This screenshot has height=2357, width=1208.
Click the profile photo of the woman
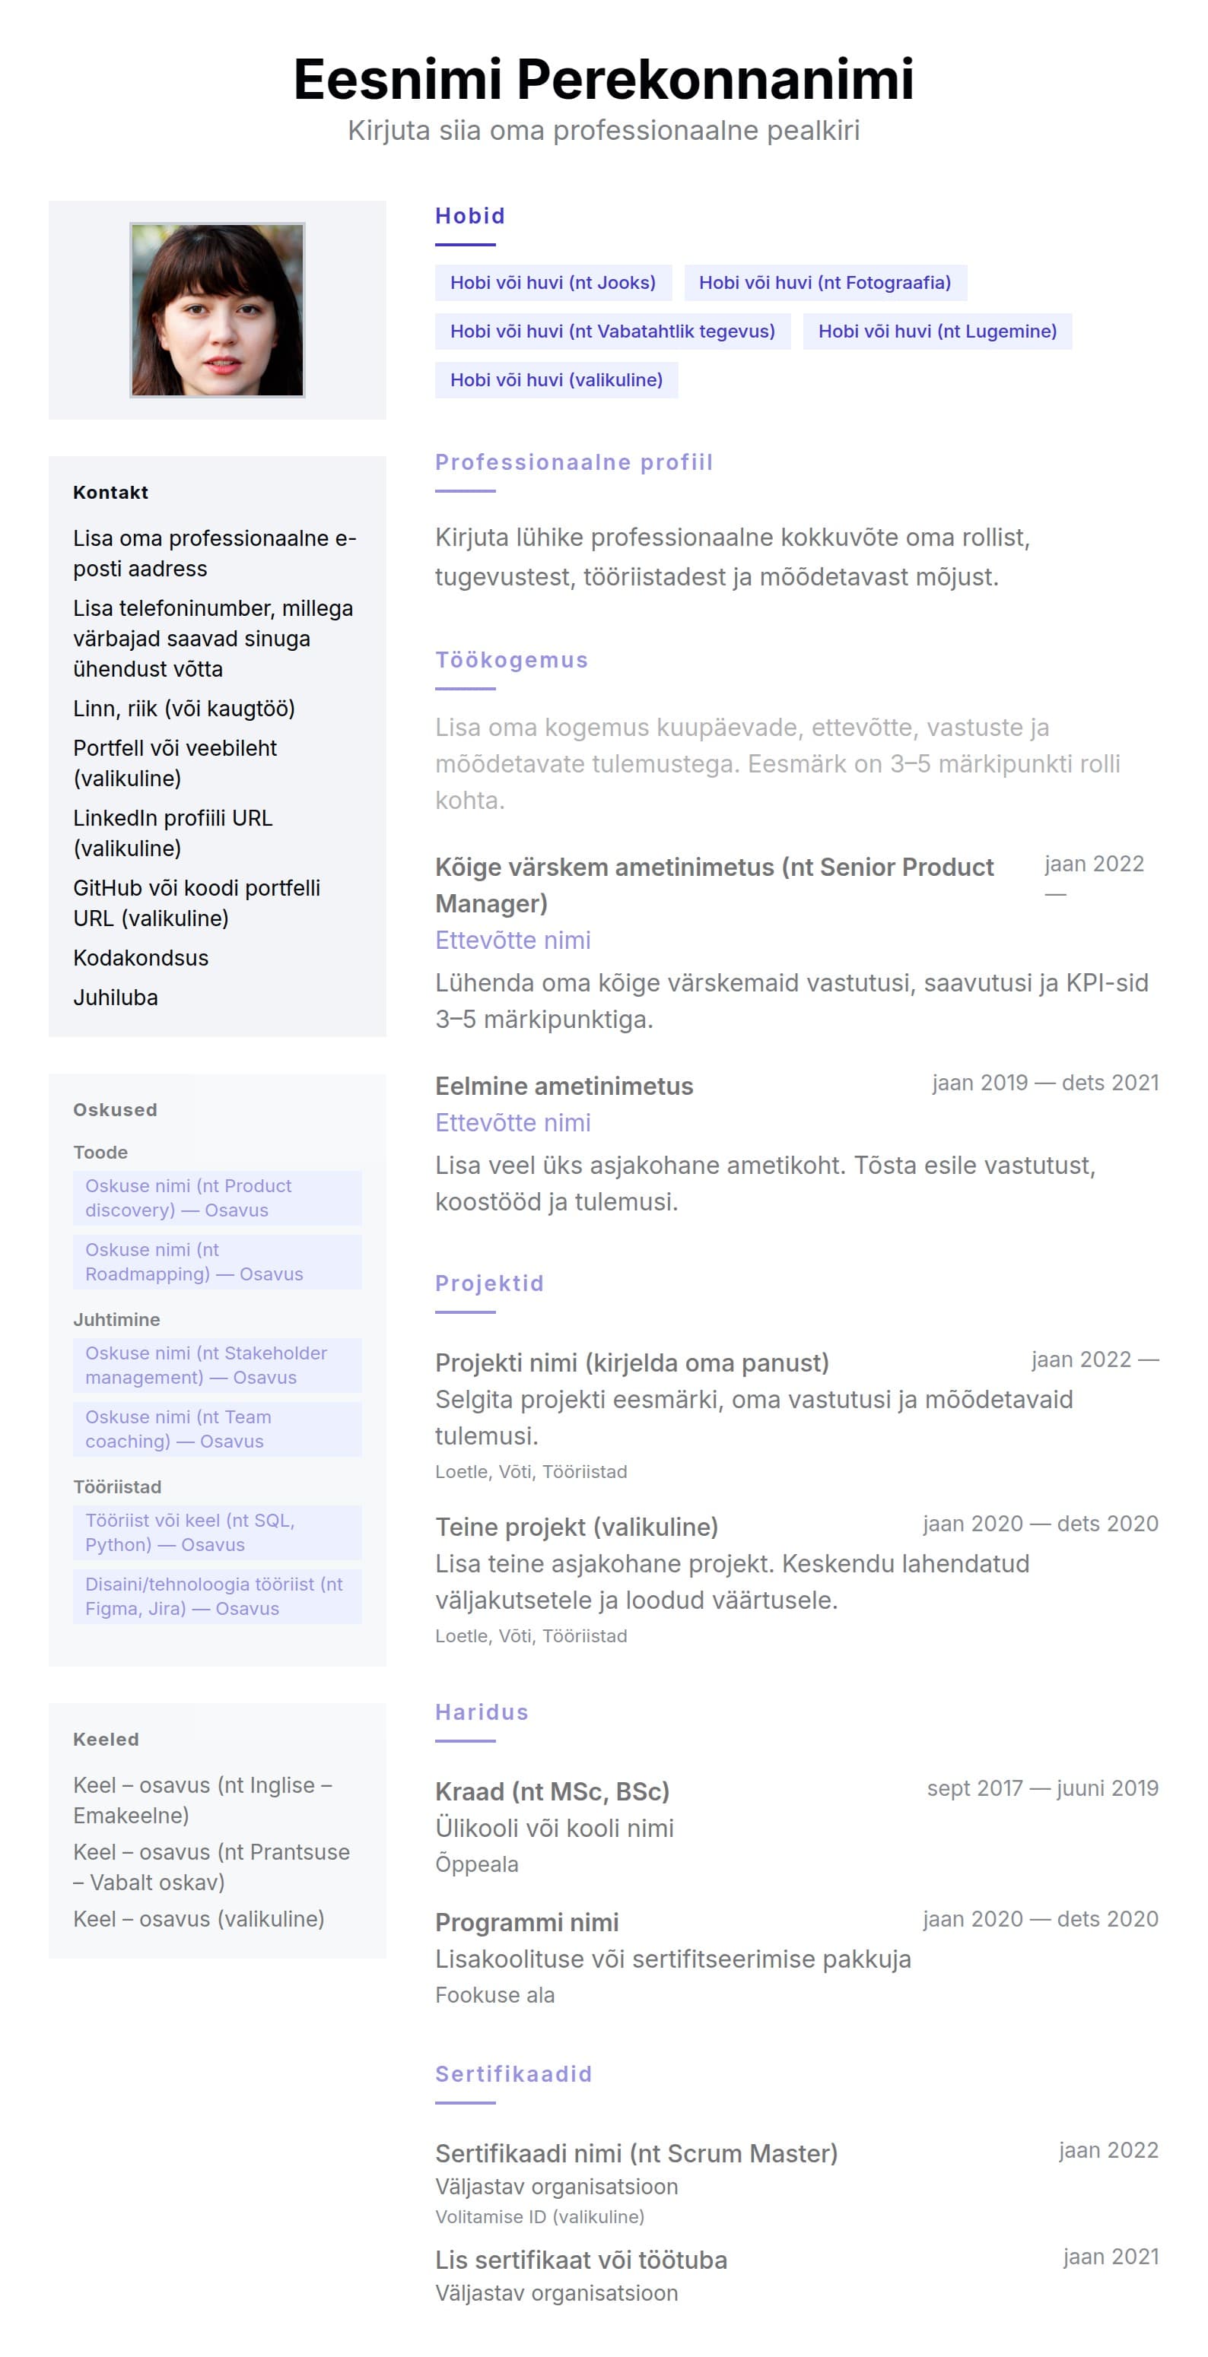click(x=217, y=309)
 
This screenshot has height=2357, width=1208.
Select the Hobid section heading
click(x=469, y=216)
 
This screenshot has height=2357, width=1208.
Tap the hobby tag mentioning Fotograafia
click(x=825, y=283)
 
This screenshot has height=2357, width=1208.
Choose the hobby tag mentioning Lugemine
click(x=936, y=332)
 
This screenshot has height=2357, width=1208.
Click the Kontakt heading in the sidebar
click(x=111, y=492)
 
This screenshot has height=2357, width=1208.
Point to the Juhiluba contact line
click(x=116, y=998)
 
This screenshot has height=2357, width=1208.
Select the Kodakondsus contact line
click(x=141, y=958)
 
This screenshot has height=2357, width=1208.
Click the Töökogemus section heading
click(x=510, y=660)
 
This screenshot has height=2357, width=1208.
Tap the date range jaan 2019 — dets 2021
click(x=1044, y=1083)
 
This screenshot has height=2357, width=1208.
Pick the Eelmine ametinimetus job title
click(x=564, y=1086)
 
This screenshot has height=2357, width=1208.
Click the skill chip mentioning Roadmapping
click(x=217, y=1262)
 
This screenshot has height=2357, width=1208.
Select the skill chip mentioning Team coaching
click(x=217, y=1429)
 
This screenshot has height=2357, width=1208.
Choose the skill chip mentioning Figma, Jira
click(x=217, y=1597)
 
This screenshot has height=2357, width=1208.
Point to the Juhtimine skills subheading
click(x=116, y=1319)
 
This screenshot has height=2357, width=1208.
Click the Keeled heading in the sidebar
click(x=106, y=1740)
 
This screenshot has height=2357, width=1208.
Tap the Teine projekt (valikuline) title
click(x=577, y=1527)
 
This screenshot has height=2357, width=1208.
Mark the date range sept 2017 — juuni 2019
click(x=1041, y=1788)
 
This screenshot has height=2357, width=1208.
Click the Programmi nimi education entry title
click(x=526, y=1922)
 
